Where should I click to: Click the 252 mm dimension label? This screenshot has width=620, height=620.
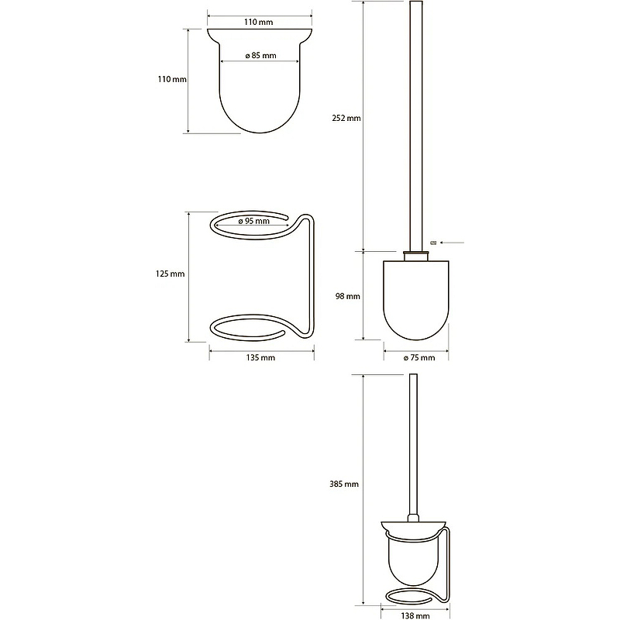point(346,118)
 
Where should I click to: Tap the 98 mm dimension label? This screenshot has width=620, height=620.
point(347,296)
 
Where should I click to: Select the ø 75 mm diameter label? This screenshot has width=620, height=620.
point(419,358)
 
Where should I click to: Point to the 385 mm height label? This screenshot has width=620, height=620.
point(344,484)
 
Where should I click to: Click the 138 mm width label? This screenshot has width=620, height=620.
point(415,615)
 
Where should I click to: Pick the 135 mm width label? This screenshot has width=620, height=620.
point(260,358)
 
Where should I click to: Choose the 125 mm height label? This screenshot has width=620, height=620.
point(170,274)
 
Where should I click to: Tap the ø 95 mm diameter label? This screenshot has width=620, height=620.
point(253,221)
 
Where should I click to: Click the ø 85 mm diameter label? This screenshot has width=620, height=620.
point(260,56)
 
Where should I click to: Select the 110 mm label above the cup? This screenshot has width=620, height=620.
point(258,22)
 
